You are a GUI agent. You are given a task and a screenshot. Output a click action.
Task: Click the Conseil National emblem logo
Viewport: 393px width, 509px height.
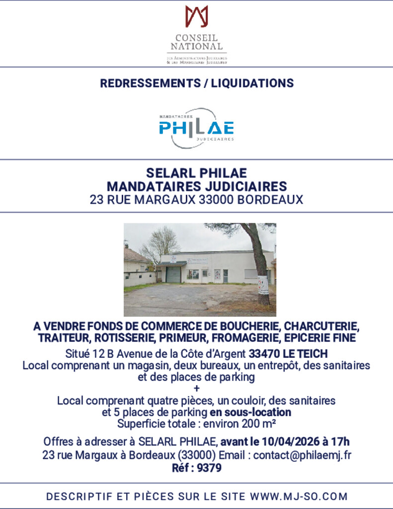click(x=196, y=16)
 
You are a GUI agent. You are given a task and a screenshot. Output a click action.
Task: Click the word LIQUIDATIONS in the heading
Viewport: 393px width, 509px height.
click(x=252, y=83)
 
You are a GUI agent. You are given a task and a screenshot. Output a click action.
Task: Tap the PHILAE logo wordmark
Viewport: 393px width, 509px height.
click(x=196, y=128)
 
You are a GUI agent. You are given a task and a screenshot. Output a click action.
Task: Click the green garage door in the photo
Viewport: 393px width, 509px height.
click(x=173, y=274)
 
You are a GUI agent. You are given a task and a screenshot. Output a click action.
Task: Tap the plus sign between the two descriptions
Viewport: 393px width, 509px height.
click(x=196, y=388)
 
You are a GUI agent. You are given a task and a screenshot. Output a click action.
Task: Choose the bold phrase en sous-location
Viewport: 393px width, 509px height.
click(x=250, y=412)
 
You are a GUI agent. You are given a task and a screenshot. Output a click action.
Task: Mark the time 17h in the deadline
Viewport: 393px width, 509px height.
click(x=340, y=441)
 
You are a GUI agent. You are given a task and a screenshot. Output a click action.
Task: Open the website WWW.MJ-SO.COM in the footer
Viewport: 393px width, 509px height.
click(x=299, y=496)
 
